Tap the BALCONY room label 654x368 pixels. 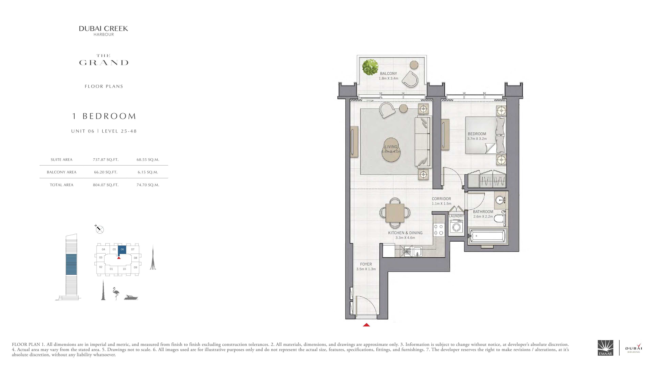coord(388,73)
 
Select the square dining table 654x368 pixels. coord(395,213)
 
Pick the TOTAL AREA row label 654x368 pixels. coord(61,185)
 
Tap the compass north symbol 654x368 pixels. coord(99,229)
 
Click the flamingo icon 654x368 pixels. coord(116,294)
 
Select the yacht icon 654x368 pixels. coord(131,297)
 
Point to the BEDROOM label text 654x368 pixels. coord(477,134)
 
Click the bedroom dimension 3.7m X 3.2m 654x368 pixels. coord(477,139)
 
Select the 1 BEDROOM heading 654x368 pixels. coord(104,116)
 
